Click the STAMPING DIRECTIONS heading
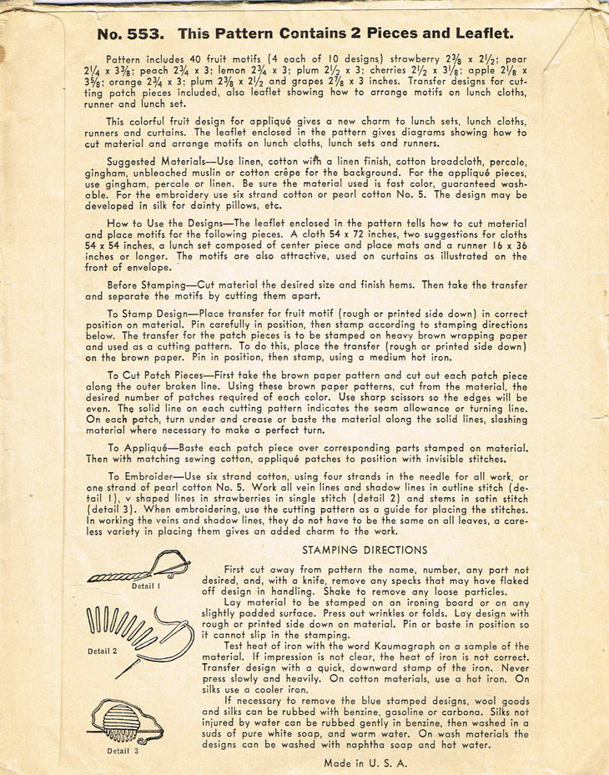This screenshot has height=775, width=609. coord(365,551)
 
